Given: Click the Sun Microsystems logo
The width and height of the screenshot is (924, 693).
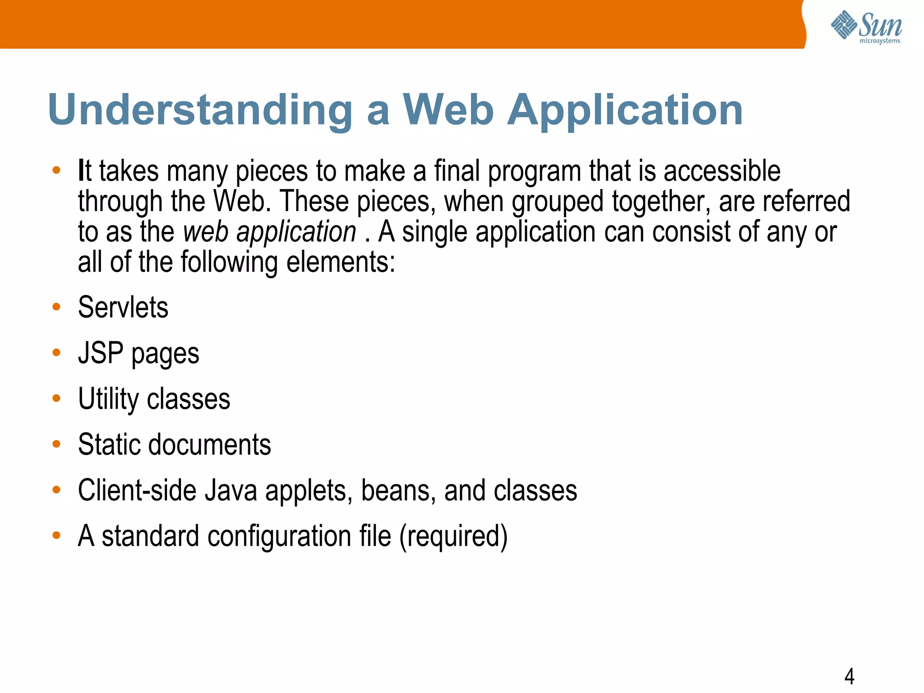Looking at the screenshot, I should (866, 27).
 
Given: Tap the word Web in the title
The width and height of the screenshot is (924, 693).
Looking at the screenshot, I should (448, 110).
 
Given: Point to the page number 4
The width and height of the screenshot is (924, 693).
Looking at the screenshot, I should (849, 676).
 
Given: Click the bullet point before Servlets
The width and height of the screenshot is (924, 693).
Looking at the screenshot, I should (56, 307).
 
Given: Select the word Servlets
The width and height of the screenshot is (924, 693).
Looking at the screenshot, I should (123, 307).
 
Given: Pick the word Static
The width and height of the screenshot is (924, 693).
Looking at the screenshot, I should (108, 444).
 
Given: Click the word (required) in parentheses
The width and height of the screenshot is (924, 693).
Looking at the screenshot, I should (453, 536).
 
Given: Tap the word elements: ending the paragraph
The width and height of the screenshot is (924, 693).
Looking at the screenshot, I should (341, 262).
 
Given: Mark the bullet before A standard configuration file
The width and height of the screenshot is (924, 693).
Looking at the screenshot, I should (56, 536).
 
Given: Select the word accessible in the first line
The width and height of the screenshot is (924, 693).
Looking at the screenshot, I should (722, 171).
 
